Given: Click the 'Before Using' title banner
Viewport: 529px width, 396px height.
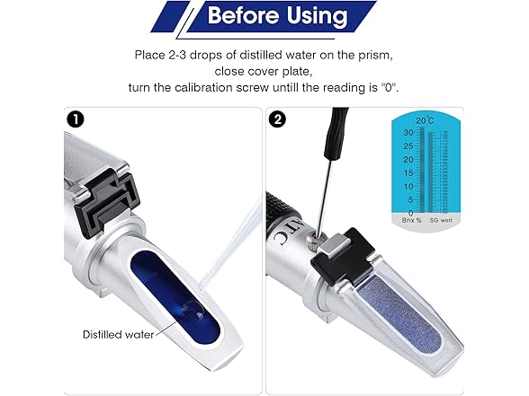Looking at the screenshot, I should point(264,15).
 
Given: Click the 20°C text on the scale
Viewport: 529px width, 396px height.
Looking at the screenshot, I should point(425,120).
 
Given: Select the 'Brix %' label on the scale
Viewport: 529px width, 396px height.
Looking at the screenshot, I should point(403,220).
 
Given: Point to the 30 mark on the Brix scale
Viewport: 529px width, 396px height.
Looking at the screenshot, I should point(408,132).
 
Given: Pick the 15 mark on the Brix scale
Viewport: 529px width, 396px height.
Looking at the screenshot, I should point(408,172).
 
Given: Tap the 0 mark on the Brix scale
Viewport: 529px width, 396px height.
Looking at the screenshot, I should point(410,213).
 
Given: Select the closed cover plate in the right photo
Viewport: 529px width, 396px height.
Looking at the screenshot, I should point(396,305).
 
